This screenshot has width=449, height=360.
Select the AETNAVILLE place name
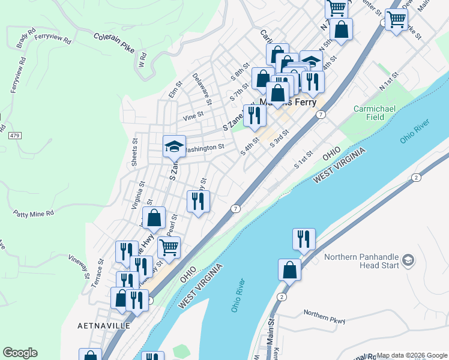(104, 325)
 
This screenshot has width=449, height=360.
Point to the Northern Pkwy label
(324, 317)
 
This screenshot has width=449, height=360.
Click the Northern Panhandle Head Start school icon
(408, 260)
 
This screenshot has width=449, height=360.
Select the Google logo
(20, 353)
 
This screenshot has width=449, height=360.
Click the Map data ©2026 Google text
(411, 355)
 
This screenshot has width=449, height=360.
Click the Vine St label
(193, 113)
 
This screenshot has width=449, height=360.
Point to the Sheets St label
(135, 152)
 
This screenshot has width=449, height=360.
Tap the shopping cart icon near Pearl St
(169, 247)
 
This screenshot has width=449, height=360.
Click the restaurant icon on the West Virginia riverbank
(304, 238)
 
